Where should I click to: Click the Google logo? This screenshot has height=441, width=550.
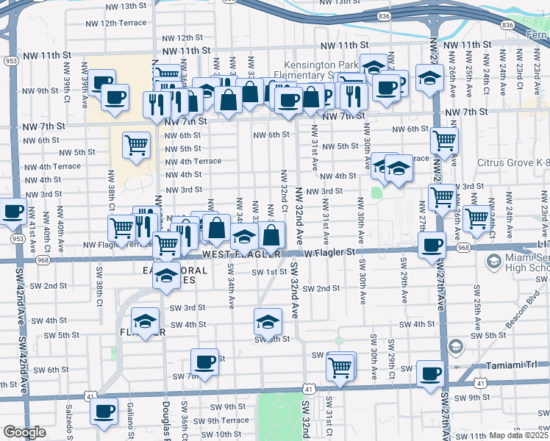[x=24, y=432]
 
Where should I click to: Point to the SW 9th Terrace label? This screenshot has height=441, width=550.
[x=219, y=420]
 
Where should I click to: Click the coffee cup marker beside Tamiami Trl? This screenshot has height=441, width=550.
[x=430, y=373]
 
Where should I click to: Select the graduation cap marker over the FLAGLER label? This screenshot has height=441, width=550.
[x=146, y=321]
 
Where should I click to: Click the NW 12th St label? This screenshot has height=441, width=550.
[x=179, y=37]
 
